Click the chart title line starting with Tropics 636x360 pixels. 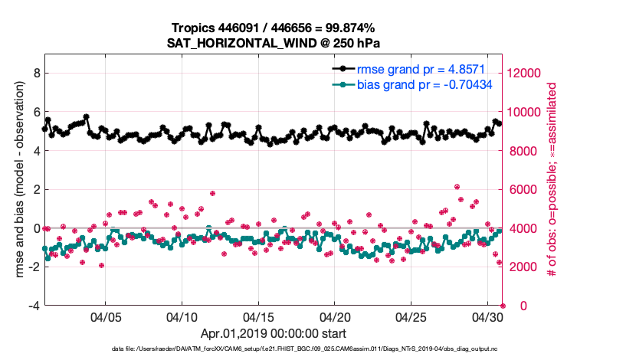(x=274, y=28)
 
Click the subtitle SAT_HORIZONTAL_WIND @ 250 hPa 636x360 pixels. (x=274, y=43)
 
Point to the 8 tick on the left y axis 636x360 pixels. (x=37, y=74)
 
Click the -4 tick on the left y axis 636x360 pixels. (x=34, y=306)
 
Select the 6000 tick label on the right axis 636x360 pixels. (x=522, y=190)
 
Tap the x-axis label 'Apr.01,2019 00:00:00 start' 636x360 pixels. (x=274, y=334)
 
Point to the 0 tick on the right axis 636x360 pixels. (x=511, y=306)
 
